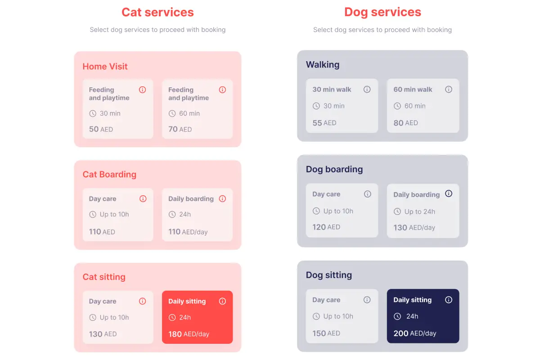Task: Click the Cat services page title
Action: coord(157,12)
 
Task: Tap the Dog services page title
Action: coord(382,12)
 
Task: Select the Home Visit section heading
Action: coord(105,67)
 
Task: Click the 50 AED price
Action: coord(101,129)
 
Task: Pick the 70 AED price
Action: coord(180,129)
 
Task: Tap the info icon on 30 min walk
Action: coord(367,90)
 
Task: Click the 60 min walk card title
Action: coord(413,90)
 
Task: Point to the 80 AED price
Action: coord(405,123)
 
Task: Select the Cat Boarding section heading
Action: coord(109,175)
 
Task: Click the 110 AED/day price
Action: coord(188,232)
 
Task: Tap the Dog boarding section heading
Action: coord(334,170)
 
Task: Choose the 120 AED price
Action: coord(326,227)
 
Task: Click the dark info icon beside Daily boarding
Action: coord(449,194)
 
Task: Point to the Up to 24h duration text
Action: coord(419,211)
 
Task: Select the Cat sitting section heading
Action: coord(104,277)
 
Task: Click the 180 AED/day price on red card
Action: coord(189,334)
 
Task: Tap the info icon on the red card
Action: coord(222,301)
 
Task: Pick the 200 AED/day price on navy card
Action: coord(415,333)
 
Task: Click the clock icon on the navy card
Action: coord(397,316)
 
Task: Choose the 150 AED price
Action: coord(326,333)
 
